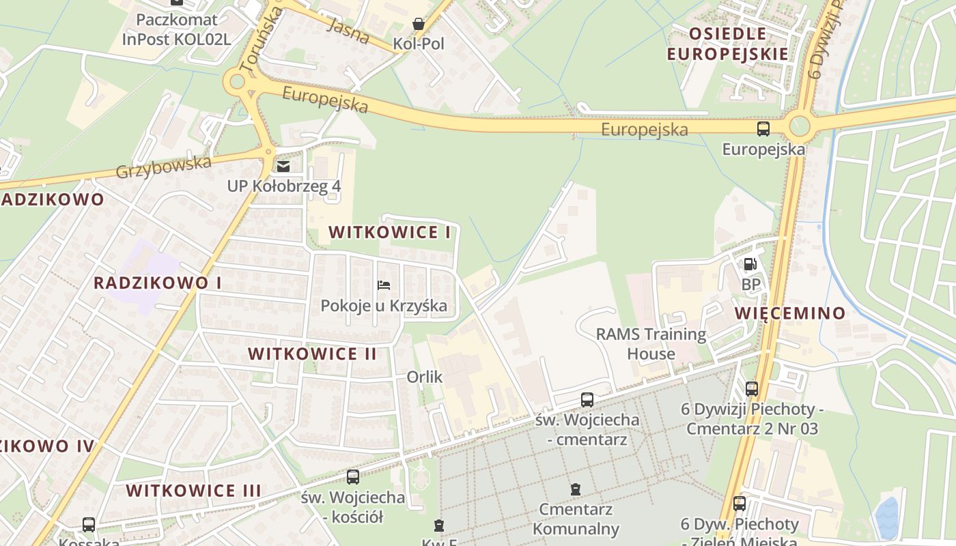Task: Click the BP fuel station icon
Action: point(750,264)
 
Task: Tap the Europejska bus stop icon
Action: point(763,128)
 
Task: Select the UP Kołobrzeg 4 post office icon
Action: point(283,166)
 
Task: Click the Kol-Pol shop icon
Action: point(419,24)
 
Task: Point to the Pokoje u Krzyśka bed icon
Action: point(384,285)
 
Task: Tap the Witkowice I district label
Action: point(389,232)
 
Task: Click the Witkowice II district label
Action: point(312,354)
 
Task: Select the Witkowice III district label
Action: point(193,490)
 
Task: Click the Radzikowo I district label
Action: point(157,283)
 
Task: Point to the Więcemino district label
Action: point(790,313)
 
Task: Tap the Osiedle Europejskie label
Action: point(727,44)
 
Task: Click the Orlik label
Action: point(425,377)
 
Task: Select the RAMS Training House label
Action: point(651,343)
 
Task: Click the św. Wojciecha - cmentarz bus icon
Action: point(587,400)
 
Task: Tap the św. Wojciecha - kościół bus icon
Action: point(353,477)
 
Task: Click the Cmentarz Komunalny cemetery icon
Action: point(576,489)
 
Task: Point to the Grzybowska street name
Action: point(164,167)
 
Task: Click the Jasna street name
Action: point(348,31)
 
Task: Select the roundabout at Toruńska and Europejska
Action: point(237,82)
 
